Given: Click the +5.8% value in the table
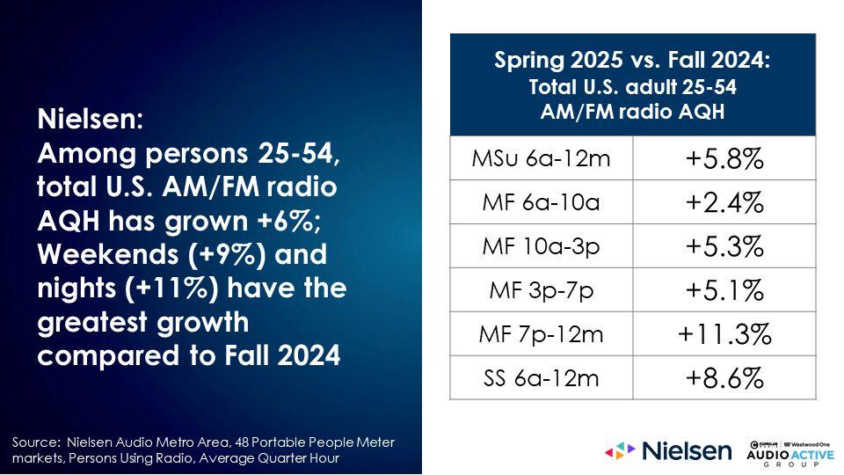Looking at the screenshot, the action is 724,158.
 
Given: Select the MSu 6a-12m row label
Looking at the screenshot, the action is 541,158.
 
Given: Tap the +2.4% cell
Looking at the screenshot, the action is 724,202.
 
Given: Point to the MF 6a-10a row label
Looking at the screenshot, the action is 541,202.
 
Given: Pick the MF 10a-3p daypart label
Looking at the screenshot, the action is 541,246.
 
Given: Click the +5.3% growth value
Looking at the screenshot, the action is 724,246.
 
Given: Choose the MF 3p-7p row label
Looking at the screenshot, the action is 541,291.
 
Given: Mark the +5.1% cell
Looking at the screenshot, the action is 724,290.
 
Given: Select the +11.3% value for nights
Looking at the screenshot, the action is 724,334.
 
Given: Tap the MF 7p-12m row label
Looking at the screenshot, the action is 541,334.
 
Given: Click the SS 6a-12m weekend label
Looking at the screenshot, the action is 541,378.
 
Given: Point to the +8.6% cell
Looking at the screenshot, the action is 724,378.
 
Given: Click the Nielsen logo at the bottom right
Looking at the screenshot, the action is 668,450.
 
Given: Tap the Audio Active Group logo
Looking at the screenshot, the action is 790,454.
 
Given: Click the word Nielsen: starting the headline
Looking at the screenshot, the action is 91,119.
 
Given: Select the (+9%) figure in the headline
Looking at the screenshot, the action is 227,254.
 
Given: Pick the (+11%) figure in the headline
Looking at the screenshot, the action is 171,289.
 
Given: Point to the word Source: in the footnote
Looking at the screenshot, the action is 36,442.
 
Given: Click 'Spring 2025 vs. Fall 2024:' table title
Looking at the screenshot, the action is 632,59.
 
